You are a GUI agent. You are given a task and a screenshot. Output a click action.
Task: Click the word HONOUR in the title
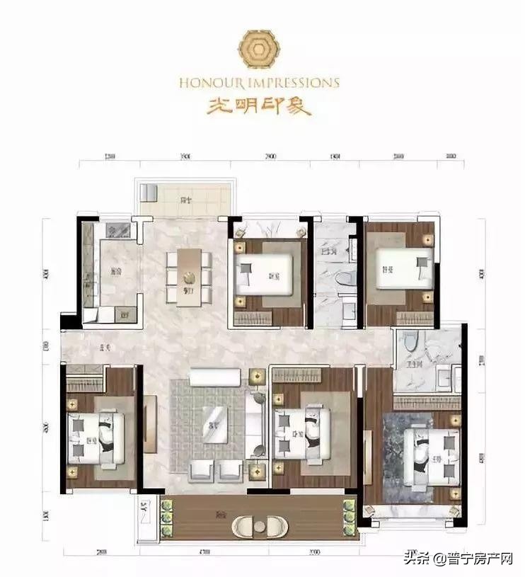(204, 83)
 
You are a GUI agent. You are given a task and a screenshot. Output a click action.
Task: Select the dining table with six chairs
(188, 277)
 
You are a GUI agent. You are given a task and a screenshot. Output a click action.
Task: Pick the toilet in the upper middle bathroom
(345, 280)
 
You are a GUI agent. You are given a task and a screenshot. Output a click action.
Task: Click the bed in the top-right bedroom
(403, 269)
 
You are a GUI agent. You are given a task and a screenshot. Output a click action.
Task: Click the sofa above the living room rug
(215, 377)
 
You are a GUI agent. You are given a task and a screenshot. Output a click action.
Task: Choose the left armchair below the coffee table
(202, 469)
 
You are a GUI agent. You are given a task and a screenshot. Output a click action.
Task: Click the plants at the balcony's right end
(348, 518)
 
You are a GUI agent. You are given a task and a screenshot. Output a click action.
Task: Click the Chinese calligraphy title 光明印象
(258, 105)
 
